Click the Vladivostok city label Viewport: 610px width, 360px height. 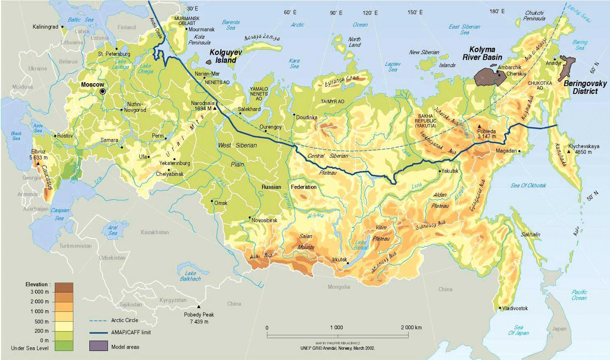515,308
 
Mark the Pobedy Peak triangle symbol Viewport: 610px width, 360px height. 199,307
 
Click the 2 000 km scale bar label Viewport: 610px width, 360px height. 411,327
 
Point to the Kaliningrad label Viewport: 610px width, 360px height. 45,27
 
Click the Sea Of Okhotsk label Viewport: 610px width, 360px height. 528,185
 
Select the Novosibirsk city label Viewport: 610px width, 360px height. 264,220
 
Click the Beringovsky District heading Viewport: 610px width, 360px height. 585,87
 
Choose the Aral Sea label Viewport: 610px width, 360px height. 112,230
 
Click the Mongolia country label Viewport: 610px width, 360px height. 339,287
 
